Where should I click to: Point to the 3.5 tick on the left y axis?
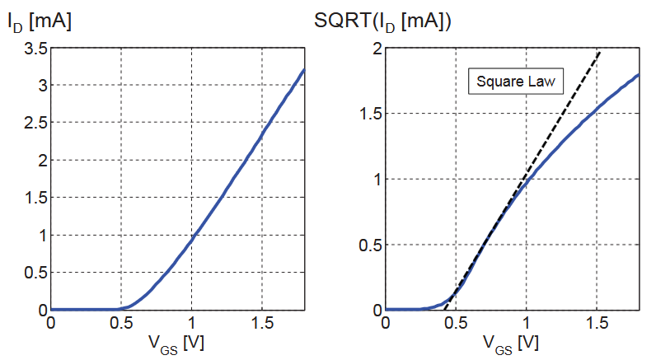[32, 49]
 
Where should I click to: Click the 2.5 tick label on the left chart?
[32, 123]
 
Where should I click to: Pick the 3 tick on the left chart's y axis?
[40, 86]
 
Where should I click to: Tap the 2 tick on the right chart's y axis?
[375, 49]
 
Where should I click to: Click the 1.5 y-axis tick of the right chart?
[368, 114]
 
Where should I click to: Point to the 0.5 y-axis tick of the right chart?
[368, 245]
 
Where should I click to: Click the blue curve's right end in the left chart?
[304, 70]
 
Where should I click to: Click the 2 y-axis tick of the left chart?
[40, 161]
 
